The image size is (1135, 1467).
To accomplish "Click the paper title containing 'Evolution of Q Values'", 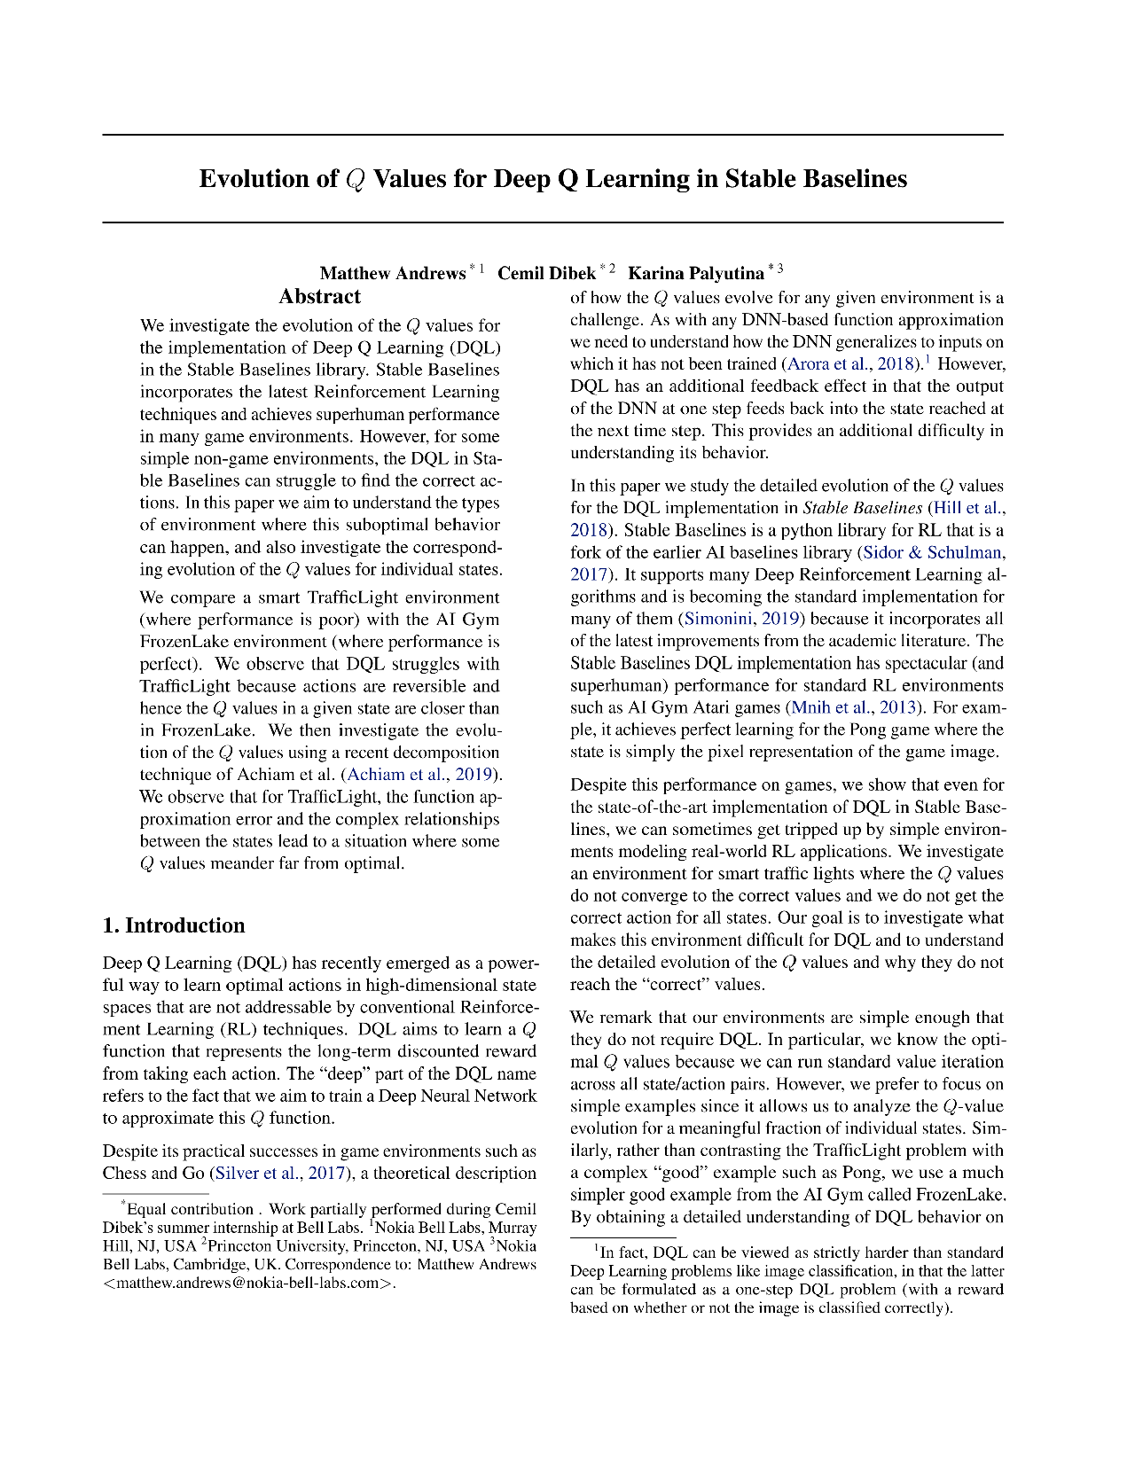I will tap(552, 179).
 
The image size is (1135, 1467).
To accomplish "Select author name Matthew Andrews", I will tap(392, 273).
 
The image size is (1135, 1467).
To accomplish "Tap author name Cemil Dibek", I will tap(545, 273).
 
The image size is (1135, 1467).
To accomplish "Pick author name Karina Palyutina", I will tap(695, 273).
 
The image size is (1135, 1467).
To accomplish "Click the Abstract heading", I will tap(319, 297).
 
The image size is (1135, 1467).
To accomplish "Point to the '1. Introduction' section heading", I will tap(174, 925).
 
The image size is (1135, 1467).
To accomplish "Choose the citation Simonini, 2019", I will tap(741, 619).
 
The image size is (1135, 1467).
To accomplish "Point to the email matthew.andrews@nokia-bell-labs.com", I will tap(248, 1283).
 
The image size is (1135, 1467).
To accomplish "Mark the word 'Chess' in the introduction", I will tap(126, 1174).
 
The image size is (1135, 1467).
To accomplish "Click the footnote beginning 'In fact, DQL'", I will tap(787, 1280).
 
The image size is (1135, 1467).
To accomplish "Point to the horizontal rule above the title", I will tap(552, 135).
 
